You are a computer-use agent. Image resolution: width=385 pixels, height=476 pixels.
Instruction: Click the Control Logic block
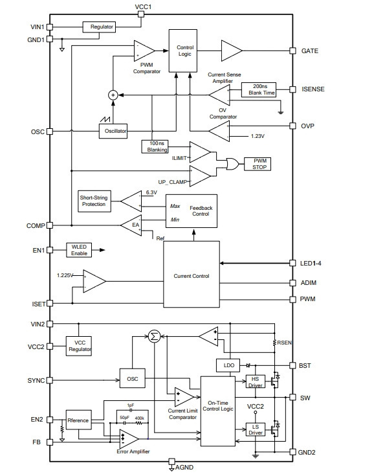pyautogui.click(x=182, y=51)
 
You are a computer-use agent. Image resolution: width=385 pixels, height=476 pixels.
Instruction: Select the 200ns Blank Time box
pyautogui.click(x=259, y=90)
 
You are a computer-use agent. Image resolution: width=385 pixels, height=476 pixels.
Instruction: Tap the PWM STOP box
pyautogui.click(x=258, y=164)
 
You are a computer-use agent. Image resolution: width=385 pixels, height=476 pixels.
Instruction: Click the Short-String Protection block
pyautogui.click(x=94, y=201)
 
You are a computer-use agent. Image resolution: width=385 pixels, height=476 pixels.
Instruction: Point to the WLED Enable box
pyautogui.click(x=79, y=250)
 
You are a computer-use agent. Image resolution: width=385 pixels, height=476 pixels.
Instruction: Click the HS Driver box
pyautogui.click(x=255, y=381)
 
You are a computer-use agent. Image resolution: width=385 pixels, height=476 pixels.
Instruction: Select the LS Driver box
pyautogui.click(x=255, y=429)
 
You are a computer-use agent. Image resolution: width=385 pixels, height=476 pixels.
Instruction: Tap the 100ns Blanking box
pyautogui.click(x=155, y=146)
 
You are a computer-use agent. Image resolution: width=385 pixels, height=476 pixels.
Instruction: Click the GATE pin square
pyautogui.click(x=292, y=51)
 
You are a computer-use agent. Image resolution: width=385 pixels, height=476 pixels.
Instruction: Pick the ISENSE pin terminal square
pyautogui.click(x=292, y=89)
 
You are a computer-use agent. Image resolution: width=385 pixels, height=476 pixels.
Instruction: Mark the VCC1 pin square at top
pyautogui.click(x=141, y=14)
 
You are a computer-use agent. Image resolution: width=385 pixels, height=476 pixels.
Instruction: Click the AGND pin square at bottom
pyautogui.click(x=171, y=461)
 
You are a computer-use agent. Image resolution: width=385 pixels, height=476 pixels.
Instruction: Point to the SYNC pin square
pyautogui.click(x=49, y=380)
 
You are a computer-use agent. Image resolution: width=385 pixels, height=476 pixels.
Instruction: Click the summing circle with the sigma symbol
pyautogui.click(x=154, y=336)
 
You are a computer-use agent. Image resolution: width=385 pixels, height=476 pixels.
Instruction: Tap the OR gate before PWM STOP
pyautogui.click(x=232, y=164)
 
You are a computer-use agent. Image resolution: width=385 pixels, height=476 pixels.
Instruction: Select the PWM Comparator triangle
pyautogui.click(x=144, y=51)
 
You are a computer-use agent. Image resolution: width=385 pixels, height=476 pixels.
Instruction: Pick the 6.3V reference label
pyautogui.click(x=151, y=192)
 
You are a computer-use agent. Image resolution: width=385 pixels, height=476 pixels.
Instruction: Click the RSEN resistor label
pyautogui.click(x=284, y=343)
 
